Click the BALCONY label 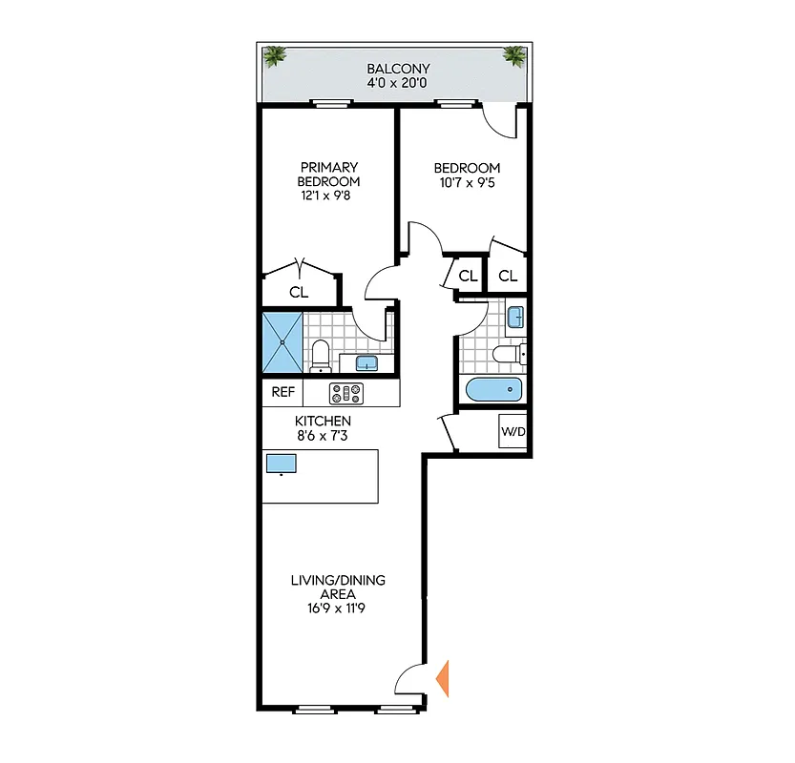pyautogui.click(x=399, y=69)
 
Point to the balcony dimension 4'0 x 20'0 pyautogui.click(x=399, y=83)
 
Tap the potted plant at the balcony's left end pyautogui.click(x=276, y=56)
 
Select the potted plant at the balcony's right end pyautogui.click(x=514, y=56)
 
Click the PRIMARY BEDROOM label pyautogui.click(x=328, y=175)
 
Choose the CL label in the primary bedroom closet pyautogui.click(x=299, y=293)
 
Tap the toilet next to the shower pyautogui.click(x=321, y=354)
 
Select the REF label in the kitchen pyautogui.click(x=282, y=392)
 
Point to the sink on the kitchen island pyautogui.click(x=282, y=464)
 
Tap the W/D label pyautogui.click(x=513, y=432)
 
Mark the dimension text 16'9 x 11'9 pyautogui.click(x=339, y=607)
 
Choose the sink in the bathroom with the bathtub pyautogui.click(x=514, y=316)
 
